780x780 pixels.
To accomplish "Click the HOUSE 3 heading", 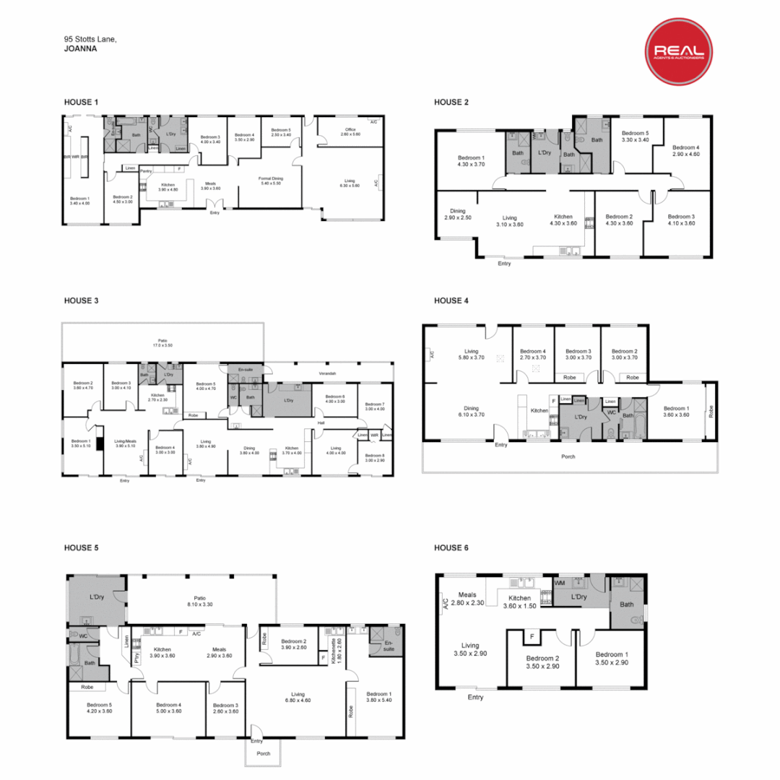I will [81, 300].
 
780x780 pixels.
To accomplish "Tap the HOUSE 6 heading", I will [451, 548].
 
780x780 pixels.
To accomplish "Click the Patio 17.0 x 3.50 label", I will [162, 343].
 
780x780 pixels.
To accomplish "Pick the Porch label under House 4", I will [568, 456].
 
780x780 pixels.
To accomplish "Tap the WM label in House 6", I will [560, 583].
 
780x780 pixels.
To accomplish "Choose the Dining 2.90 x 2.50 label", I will [458, 214].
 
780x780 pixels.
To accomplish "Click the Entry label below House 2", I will [504, 264].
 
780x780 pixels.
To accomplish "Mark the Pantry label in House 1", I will [147, 171].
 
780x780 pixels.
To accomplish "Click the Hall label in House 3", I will [321, 422].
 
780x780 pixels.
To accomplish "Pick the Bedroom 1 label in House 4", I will [676, 412].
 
